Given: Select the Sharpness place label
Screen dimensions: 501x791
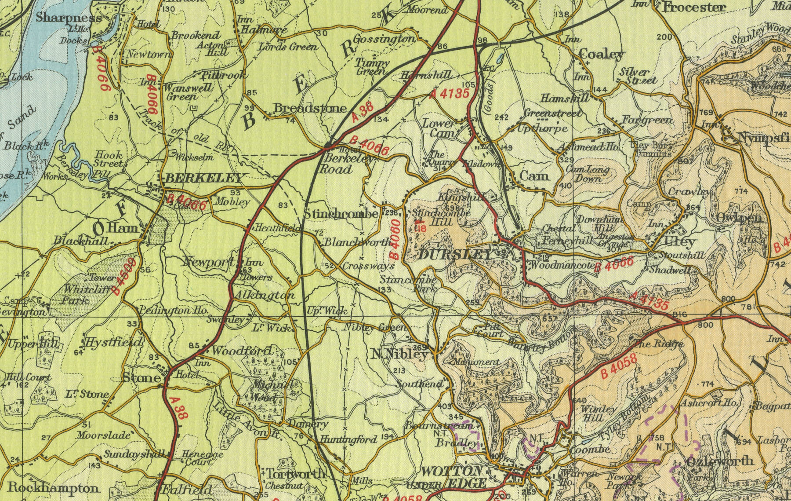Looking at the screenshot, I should point(69,18).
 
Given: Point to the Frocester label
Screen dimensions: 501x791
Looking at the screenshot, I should point(694,7).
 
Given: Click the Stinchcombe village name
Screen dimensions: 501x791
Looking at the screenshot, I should point(341,214).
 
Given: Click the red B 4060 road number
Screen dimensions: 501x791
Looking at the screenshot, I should point(395,239).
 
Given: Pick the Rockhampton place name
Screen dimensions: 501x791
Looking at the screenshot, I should point(53,488).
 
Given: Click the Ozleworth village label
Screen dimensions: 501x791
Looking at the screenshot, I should point(719,461).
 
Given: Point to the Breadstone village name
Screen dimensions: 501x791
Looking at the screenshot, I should point(310,108).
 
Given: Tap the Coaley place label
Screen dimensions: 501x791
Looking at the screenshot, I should point(602,55).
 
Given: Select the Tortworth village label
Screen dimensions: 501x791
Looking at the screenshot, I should point(294,474).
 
